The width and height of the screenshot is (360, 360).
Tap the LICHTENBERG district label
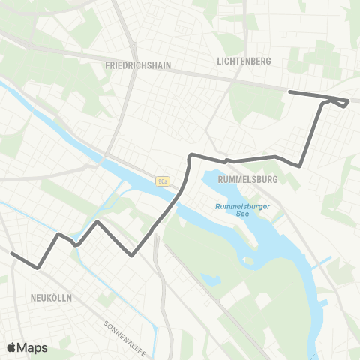click(242, 61)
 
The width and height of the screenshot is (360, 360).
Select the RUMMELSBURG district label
click(247, 180)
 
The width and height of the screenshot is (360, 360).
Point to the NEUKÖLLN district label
click(51, 298)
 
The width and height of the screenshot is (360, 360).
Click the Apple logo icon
click(12, 347)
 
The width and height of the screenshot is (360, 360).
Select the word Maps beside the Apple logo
click(32, 347)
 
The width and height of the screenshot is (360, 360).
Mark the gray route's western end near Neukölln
click(13, 253)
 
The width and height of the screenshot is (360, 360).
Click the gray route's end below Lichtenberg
click(290, 91)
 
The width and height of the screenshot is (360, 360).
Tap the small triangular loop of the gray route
click(338, 102)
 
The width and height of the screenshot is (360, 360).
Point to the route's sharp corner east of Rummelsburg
click(300, 166)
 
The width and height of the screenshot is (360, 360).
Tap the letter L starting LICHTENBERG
click(217, 61)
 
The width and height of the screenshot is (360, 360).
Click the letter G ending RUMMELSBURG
click(275, 180)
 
